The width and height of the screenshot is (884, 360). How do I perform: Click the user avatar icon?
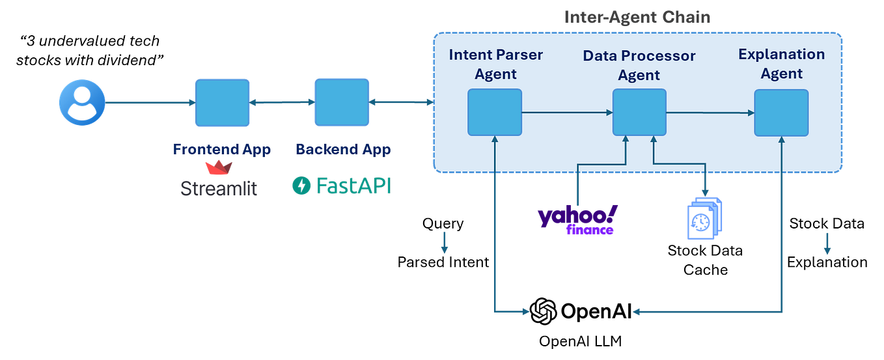(x=82, y=102)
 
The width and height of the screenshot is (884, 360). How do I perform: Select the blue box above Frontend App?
(x=223, y=102)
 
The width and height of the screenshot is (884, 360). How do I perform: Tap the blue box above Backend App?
(x=341, y=102)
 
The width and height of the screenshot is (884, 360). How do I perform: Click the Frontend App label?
(x=222, y=149)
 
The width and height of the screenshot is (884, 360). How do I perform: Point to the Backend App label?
(x=342, y=149)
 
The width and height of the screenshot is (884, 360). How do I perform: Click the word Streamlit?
(x=219, y=189)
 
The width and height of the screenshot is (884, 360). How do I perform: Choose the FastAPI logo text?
(x=341, y=186)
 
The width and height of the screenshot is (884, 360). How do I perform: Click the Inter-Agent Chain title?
(x=637, y=17)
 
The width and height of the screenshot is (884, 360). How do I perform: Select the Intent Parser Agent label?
(x=495, y=64)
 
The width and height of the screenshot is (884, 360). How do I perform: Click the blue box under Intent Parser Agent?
(x=495, y=113)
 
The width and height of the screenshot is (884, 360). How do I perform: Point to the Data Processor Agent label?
(x=639, y=65)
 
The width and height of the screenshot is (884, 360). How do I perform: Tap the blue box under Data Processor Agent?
(x=639, y=113)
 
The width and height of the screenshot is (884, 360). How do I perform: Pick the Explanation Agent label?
(x=781, y=64)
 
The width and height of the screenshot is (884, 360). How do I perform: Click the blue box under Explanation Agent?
(x=781, y=113)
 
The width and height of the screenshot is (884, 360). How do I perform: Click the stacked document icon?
(x=704, y=218)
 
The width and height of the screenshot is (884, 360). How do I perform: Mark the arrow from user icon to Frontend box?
(x=150, y=102)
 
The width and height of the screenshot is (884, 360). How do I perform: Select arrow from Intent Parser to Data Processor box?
(x=567, y=113)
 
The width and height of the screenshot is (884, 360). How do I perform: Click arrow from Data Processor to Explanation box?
(x=710, y=113)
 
